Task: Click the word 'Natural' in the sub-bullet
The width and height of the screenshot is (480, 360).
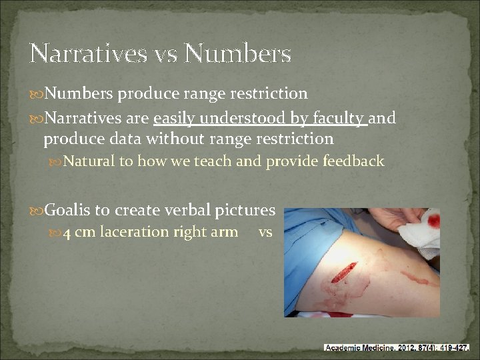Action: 89,161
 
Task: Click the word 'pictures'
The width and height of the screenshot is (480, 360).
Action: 245,210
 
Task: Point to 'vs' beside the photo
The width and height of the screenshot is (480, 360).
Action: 265,233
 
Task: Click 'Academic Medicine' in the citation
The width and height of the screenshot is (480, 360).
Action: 359,347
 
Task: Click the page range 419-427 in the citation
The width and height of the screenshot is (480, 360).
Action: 454,347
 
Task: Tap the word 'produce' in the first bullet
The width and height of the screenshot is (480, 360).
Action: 142,94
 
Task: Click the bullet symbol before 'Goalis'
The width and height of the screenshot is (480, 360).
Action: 36,211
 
